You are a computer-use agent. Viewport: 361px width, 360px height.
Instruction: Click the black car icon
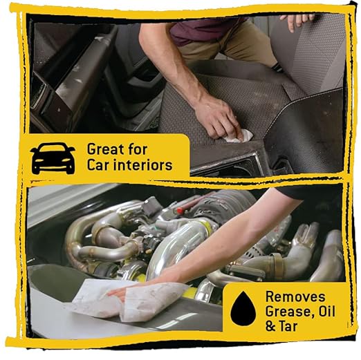coord(53,158)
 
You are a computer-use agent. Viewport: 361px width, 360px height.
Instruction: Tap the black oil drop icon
coord(243,308)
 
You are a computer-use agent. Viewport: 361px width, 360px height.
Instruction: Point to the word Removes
coord(295,296)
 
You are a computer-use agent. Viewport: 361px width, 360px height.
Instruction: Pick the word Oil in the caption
coord(326,311)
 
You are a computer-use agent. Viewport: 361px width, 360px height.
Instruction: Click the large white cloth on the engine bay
coord(129,299)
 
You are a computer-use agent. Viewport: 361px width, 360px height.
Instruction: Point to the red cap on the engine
coord(180,210)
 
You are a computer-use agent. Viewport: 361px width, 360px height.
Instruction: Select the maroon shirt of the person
coord(203,29)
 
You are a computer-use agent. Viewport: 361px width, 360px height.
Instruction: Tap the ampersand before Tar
coord(270,326)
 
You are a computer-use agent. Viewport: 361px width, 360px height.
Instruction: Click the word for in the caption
coord(137,149)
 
